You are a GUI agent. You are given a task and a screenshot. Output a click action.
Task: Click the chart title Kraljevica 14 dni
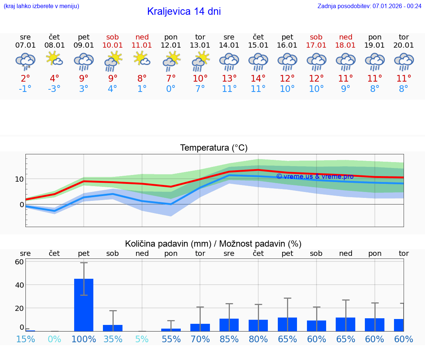point(184,11)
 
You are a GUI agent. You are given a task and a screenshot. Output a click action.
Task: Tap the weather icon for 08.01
point(54,59)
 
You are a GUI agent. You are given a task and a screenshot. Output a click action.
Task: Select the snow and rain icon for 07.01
point(25,61)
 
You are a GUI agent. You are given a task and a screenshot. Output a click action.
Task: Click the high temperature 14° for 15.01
point(258,78)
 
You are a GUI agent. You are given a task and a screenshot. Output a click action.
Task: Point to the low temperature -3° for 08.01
point(54,89)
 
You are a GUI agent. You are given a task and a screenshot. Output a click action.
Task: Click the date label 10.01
point(113,45)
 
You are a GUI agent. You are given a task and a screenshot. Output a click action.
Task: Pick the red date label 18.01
point(346,45)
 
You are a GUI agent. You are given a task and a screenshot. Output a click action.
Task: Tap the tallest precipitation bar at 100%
point(84,305)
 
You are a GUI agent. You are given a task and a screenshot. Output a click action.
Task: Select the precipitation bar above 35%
point(113,328)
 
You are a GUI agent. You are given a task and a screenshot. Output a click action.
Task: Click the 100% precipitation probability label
point(84,339)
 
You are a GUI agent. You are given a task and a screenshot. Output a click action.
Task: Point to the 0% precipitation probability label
point(54,339)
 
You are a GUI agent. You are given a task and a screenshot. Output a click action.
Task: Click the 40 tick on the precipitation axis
point(19,285)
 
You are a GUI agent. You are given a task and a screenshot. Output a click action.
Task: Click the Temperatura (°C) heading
point(214,148)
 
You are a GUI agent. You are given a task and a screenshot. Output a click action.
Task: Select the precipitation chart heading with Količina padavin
point(213,244)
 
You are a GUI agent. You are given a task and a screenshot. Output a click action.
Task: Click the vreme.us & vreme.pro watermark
point(315,176)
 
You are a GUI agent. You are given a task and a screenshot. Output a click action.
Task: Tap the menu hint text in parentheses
point(41,6)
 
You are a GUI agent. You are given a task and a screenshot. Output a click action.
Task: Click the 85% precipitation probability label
point(229,339)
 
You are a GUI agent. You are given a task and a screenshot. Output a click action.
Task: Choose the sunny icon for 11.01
point(142,59)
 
